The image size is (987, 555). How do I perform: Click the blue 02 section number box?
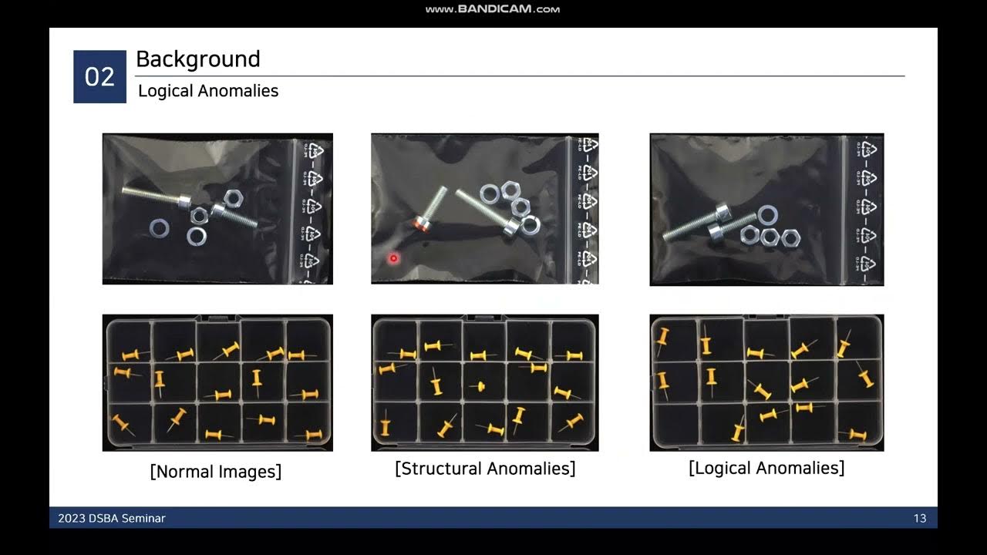(x=99, y=77)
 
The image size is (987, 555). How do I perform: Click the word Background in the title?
(x=198, y=59)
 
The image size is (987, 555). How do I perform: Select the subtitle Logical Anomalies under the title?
(x=208, y=91)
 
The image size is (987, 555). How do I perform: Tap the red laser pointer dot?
(x=393, y=258)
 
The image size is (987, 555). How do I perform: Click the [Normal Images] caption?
(x=216, y=471)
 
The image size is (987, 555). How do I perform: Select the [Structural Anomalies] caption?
(x=485, y=469)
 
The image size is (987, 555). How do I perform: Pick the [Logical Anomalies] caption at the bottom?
(x=766, y=468)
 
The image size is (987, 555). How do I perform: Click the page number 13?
(x=919, y=518)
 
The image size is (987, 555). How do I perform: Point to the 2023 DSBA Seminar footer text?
(x=112, y=518)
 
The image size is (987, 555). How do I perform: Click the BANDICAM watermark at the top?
(x=493, y=9)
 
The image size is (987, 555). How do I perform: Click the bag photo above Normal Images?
(x=217, y=209)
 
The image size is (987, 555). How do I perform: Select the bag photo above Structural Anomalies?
(x=485, y=209)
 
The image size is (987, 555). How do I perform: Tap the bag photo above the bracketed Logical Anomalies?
(x=766, y=209)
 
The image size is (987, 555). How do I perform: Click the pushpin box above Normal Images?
(x=217, y=382)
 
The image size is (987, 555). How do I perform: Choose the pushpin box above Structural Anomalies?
(x=485, y=382)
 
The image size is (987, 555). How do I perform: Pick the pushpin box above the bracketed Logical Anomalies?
(x=766, y=382)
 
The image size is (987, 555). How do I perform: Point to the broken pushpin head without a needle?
(x=479, y=385)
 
